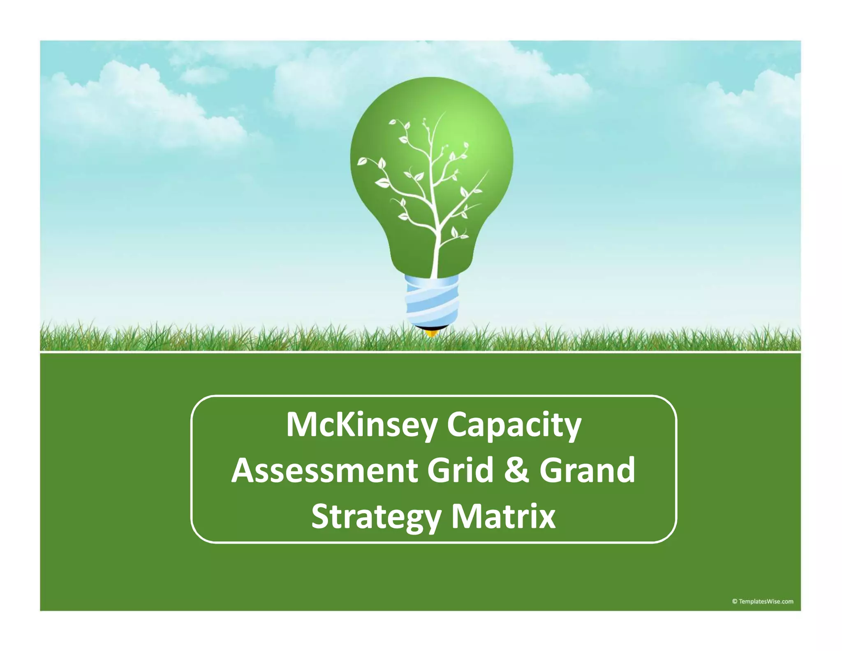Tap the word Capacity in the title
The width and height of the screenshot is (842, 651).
tap(514, 425)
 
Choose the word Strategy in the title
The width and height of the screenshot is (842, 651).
tap(376, 516)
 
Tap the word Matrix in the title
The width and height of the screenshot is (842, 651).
tap(503, 516)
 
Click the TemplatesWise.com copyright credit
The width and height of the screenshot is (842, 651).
tap(763, 602)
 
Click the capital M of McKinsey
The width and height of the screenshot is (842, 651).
tap(301, 425)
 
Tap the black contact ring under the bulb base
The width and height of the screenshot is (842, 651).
tap(431, 327)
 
